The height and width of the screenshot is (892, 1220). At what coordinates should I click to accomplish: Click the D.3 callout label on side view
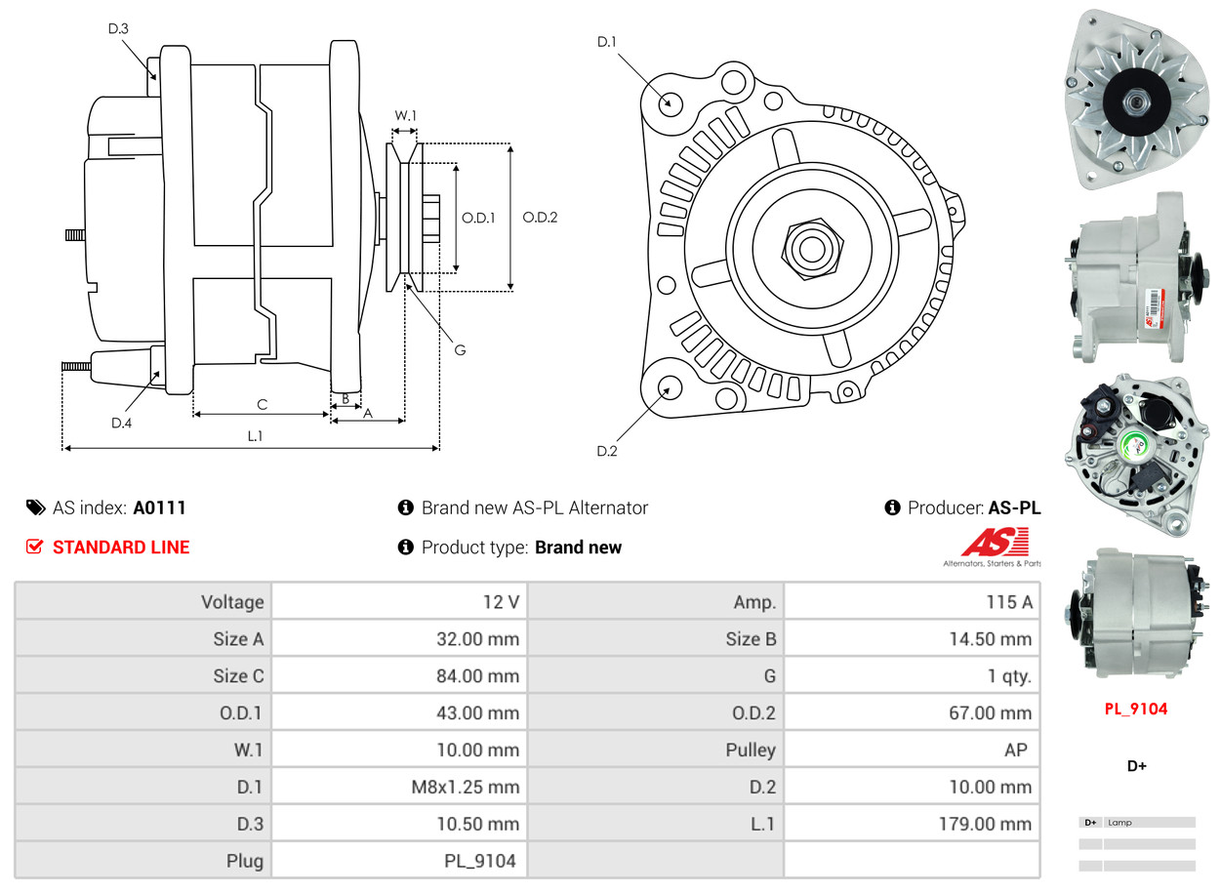coord(118,28)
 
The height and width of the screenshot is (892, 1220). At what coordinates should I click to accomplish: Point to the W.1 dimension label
coord(405,115)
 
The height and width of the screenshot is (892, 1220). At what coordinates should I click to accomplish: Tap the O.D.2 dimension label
coord(539,218)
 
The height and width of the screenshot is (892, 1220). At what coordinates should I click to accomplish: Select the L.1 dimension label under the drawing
coord(254,436)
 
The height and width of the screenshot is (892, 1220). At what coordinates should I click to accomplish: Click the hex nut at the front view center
coord(809,247)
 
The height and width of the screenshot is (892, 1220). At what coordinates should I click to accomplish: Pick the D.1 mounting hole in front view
coord(671,101)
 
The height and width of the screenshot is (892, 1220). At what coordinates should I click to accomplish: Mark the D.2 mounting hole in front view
coord(670,387)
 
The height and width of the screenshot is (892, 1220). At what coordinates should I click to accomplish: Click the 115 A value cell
coord(1008,602)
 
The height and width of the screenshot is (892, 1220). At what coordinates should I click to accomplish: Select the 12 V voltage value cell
coord(501,602)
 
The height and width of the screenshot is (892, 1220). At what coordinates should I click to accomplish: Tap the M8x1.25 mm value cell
coord(465,787)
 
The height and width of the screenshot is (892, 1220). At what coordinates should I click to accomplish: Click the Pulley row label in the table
coord(751,750)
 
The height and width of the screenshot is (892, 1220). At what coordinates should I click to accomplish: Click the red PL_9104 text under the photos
coord(1135,710)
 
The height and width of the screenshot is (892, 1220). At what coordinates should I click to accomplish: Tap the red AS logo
coord(994,542)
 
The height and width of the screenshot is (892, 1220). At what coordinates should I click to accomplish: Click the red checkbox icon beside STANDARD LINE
coord(34,547)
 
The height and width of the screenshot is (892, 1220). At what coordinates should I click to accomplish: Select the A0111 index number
coord(159,507)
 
